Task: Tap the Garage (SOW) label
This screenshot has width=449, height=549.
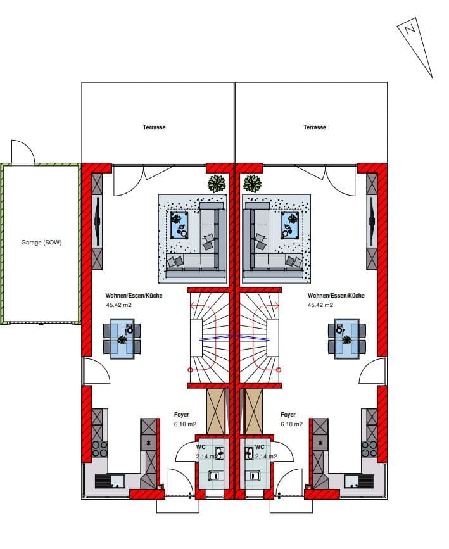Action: [41, 243]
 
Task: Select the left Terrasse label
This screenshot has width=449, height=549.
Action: [154, 127]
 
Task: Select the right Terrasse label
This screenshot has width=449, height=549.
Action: [315, 127]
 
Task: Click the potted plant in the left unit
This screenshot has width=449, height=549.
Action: [217, 183]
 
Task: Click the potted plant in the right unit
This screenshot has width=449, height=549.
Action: [252, 183]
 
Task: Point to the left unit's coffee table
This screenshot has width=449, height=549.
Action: [179, 225]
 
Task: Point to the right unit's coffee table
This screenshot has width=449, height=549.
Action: [290, 225]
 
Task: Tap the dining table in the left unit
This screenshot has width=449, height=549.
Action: [122, 338]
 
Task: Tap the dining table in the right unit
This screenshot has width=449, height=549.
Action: [347, 338]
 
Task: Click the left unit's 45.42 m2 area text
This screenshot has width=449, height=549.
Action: [118, 305]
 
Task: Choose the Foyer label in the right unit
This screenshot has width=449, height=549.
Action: [288, 415]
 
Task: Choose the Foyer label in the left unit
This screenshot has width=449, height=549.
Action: [181, 415]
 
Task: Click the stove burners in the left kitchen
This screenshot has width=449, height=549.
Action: [99, 449]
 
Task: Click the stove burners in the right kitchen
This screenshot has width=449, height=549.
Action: [369, 449]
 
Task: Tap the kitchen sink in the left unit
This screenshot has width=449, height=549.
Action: [110, 481]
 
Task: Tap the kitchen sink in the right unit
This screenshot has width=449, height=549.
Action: [359, 481]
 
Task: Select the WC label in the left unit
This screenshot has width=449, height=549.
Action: [201, 447]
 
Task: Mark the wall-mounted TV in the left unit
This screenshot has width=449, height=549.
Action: [97, 221]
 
